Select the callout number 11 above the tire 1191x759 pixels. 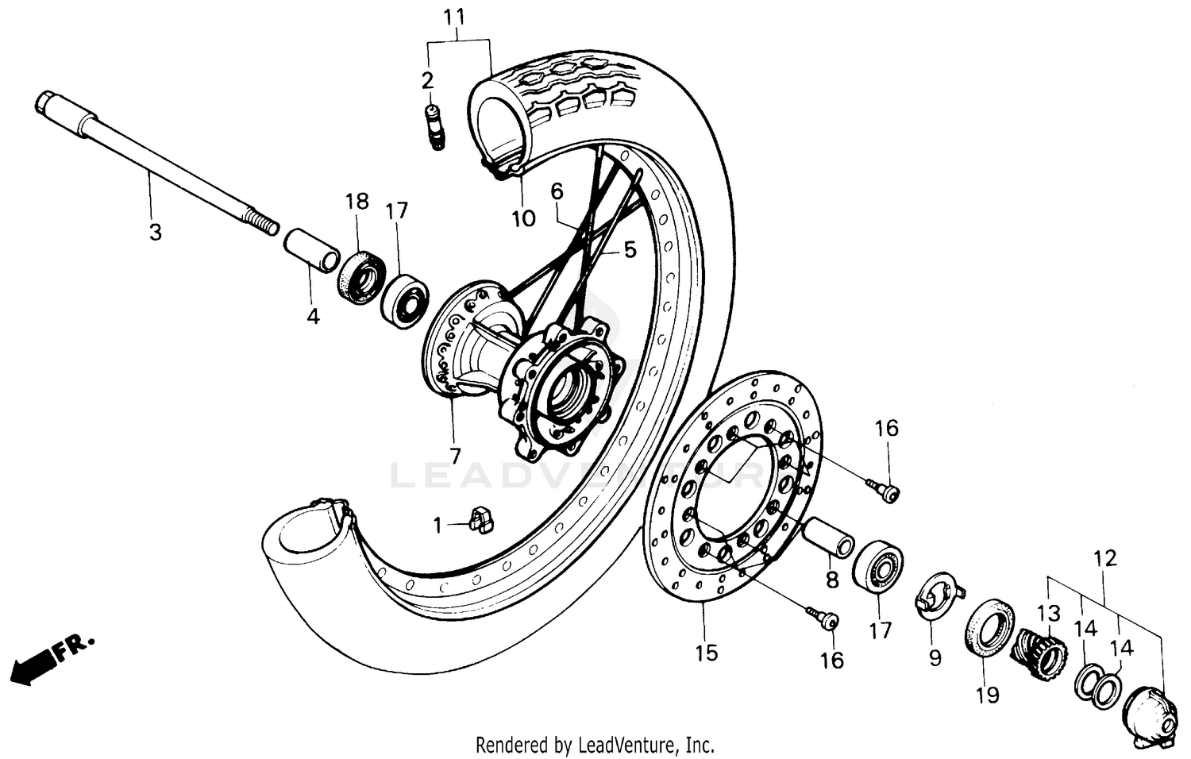pos(454,17)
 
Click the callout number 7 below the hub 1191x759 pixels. pos(454,456)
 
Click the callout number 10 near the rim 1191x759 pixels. pos(523,218)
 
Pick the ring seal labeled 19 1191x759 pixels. pos(990,626)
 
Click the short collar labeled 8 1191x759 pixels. pos(829,537)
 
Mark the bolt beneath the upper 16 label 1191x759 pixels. pos(883,490)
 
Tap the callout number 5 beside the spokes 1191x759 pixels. pos(630,250)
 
